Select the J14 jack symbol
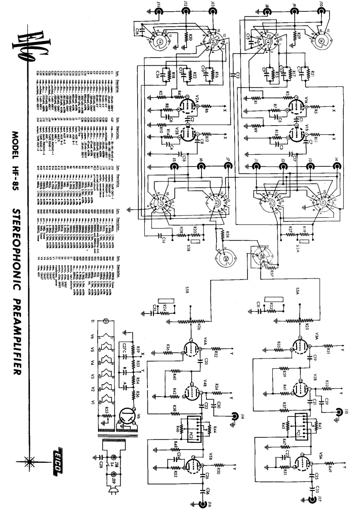click(235, 415)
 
